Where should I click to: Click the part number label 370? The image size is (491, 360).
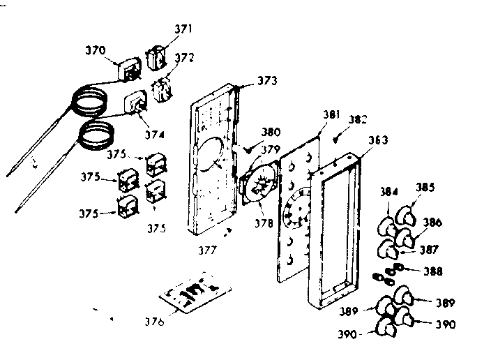[96, 50]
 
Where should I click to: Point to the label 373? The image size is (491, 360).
[266, 81]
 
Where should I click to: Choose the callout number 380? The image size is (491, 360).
[271, 130]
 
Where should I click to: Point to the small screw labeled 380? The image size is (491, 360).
[252, 148]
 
